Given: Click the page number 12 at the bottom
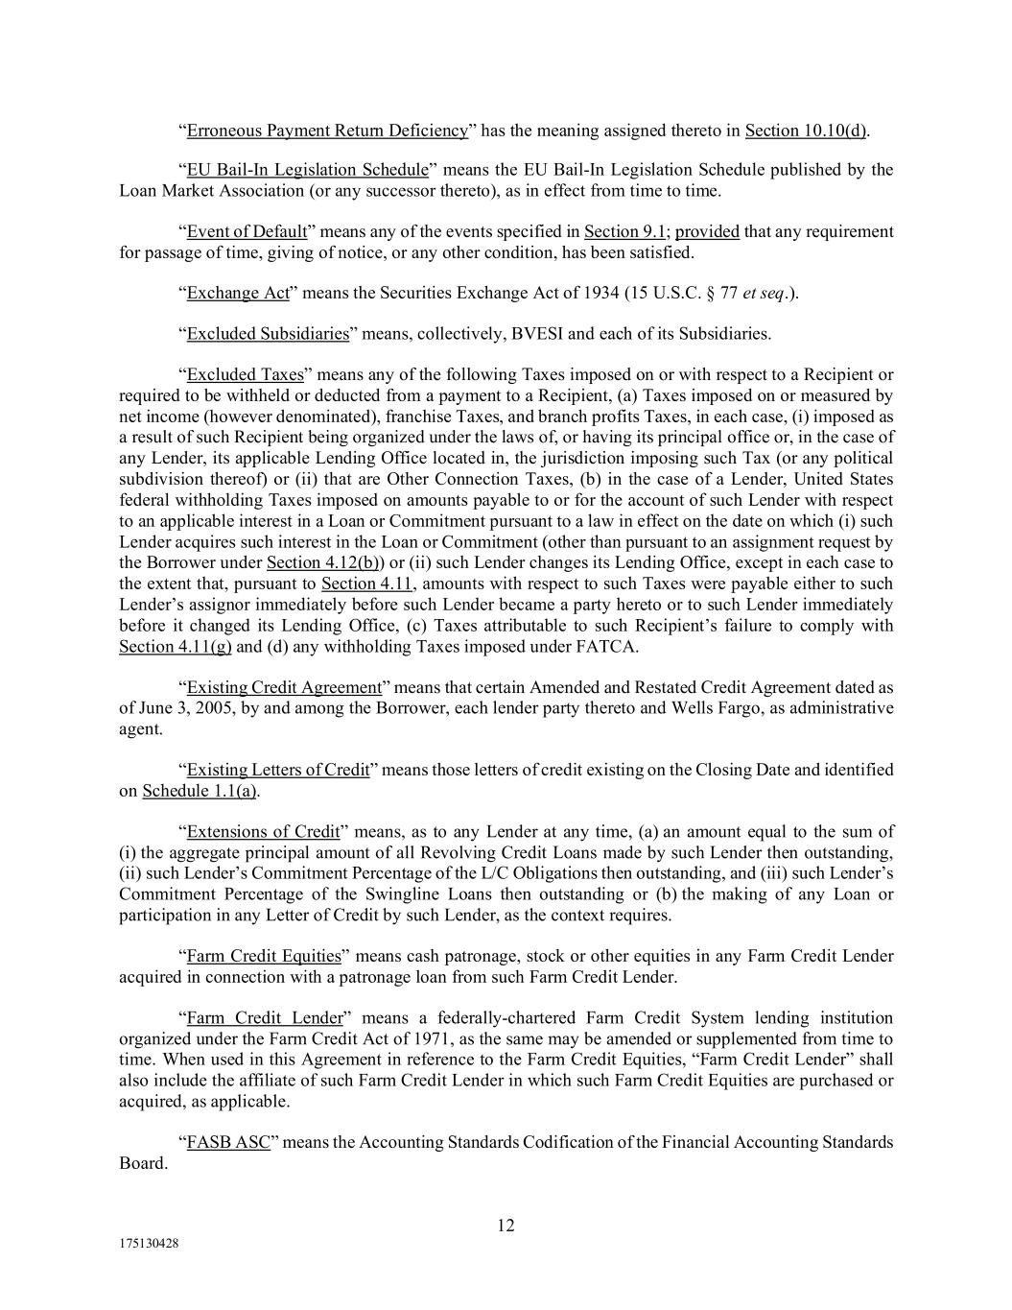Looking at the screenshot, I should pos(506,1226).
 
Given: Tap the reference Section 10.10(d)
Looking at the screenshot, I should pos(806,131).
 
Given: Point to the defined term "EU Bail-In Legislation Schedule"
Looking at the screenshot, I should pos(307,171).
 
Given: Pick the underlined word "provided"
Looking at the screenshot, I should pos(707,232).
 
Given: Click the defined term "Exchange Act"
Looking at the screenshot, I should pos(238,294).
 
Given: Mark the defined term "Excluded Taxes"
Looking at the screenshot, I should pos(245,375).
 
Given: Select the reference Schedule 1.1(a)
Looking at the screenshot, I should pos(200,792).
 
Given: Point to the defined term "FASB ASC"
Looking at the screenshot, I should pos(228,1143).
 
